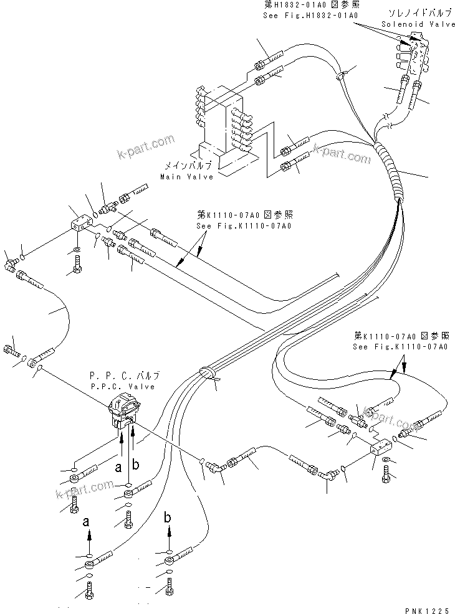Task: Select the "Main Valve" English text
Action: point(186,176)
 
